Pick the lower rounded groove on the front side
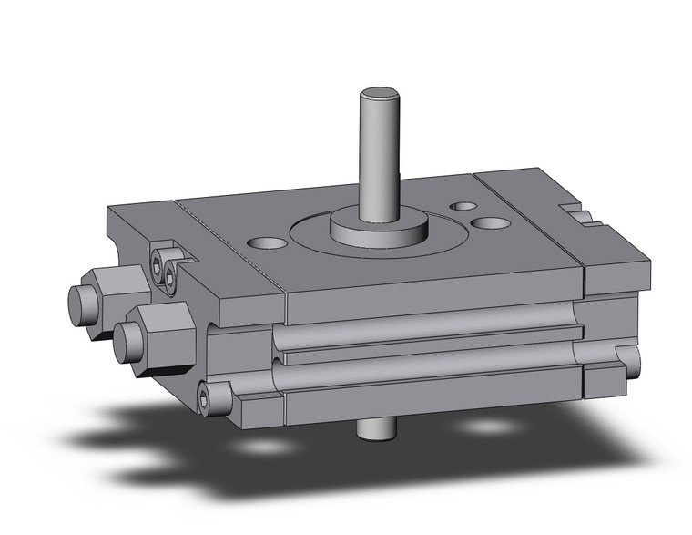click(x=428, y=368)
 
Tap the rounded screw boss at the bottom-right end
click(x=628, y=363)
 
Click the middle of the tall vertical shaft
click(x=380, y=155)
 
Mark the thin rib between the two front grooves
click(x=428, y=346)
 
